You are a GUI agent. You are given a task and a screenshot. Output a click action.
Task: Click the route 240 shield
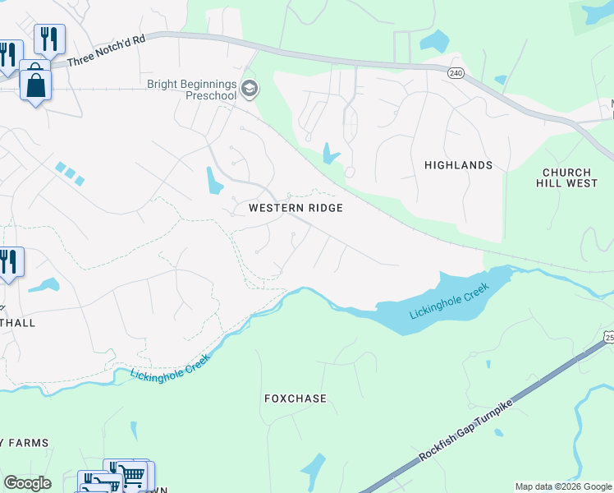pos(456,73)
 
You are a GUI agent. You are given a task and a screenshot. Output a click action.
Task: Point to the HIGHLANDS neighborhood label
pos(458,165)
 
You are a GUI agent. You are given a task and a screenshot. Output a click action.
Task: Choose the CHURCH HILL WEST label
pos(570,177)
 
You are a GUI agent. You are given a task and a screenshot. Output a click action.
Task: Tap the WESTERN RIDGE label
pos(296,208)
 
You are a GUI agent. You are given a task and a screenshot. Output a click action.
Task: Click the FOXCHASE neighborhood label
pos(296,399)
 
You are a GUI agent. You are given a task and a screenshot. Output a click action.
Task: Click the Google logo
pos(27,483)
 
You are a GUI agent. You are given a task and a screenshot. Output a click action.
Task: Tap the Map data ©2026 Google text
pos(563,486)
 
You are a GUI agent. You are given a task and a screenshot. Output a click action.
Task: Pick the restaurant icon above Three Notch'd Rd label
pos(49,38)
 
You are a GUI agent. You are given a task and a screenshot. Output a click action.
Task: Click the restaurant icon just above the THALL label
pos(10,262)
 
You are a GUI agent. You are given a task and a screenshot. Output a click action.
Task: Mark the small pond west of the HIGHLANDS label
pos(330,154)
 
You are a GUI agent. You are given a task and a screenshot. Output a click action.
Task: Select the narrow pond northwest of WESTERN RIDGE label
pos(213,180)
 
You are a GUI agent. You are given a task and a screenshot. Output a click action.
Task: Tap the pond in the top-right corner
pos(596,12)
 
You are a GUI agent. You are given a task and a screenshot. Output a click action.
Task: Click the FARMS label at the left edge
pos(25,443)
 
